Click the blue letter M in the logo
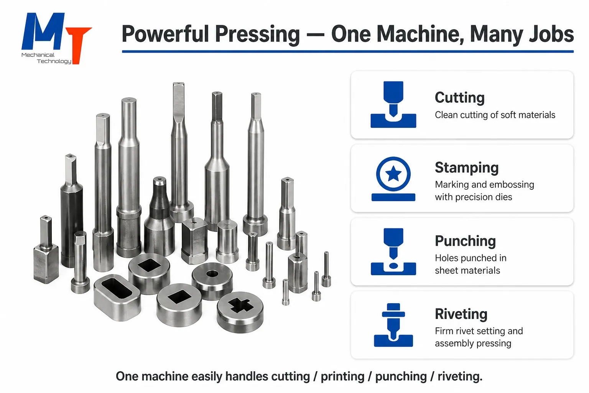tap(43, 31)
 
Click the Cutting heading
tap(460, 97)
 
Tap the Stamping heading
tap(467, 168)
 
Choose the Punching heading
tap(466, 241)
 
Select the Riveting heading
tap(461, 314)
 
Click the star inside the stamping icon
tap(393, 174)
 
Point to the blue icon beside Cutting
tap(393, 104)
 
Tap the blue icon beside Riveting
tap(393, 325)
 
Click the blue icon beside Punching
tap(393, 252)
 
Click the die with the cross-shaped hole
tap(240, 312)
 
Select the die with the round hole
tap(212, 281)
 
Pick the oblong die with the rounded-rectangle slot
tap(117, 297)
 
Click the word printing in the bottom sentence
tap(342, 376)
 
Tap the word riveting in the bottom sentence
tap(460, 376)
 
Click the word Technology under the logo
tap(54, 61)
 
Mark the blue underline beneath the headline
tap(348, 51)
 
